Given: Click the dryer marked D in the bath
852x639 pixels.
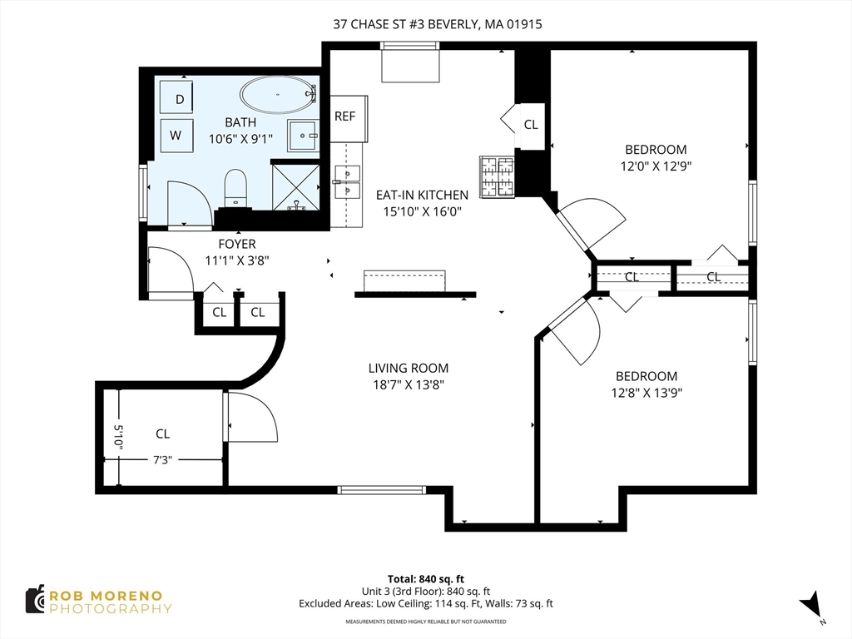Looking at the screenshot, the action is click(x=176, y=98).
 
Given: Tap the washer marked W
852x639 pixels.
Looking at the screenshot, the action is click(x=176, y=135).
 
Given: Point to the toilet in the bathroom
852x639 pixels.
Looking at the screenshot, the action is click(x=235, y=189).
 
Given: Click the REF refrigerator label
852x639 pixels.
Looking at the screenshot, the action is click(x=345, y=116).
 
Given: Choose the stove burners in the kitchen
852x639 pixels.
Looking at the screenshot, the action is click(x=497, y=176).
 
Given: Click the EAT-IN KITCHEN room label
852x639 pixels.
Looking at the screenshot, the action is click(x=422, y=195).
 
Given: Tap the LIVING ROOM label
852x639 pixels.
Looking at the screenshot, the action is click(x=409, y=368).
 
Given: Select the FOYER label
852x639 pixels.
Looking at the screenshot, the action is click(x=237, y=244).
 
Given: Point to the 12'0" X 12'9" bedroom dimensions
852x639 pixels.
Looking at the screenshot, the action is click(x=656, y=166).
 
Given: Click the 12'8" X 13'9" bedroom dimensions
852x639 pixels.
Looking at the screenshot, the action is click(x=646, y=393).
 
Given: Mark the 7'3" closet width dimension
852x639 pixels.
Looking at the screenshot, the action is click(x=162, y=460).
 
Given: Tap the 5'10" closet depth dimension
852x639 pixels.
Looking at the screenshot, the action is click(x=119, y=436).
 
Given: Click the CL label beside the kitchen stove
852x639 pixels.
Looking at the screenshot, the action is click(x=531, y=125).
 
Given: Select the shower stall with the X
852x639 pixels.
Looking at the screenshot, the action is click(x=295, y=187).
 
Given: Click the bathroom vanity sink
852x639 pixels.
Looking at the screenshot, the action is click(x=303, y=136).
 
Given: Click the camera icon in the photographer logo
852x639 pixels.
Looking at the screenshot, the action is click(x=35, y=599).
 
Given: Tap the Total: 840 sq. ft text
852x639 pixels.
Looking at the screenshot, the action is click(x=425, y=579).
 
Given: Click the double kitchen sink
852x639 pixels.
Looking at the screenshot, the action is click(x=347, y=182).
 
